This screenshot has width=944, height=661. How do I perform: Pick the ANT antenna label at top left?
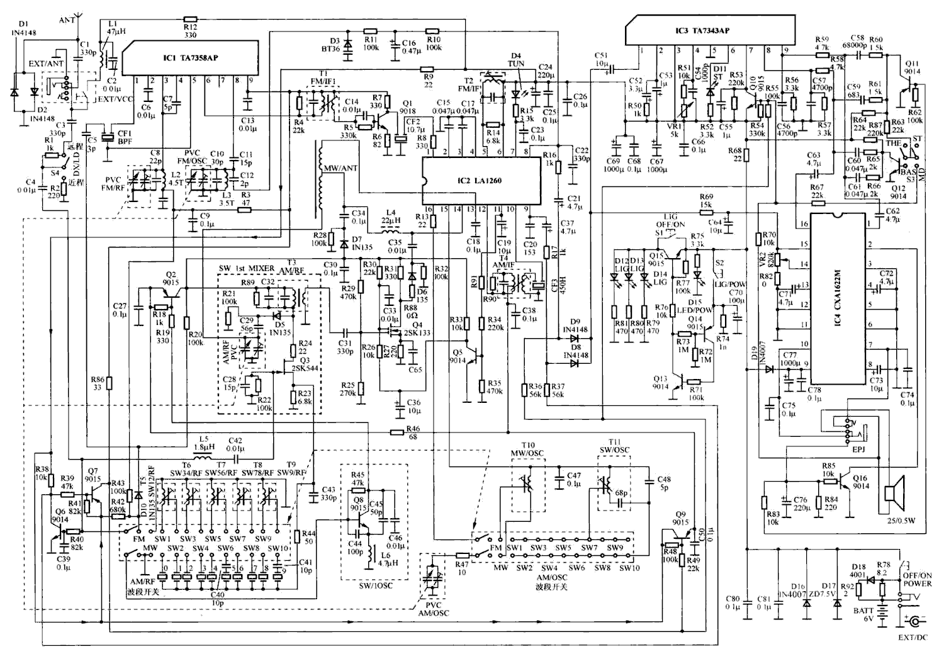[67, 20]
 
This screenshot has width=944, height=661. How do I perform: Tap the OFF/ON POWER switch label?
[917, 579]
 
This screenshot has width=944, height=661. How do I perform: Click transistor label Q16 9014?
[861, 482]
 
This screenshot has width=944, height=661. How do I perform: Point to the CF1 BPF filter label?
[125, 138]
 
